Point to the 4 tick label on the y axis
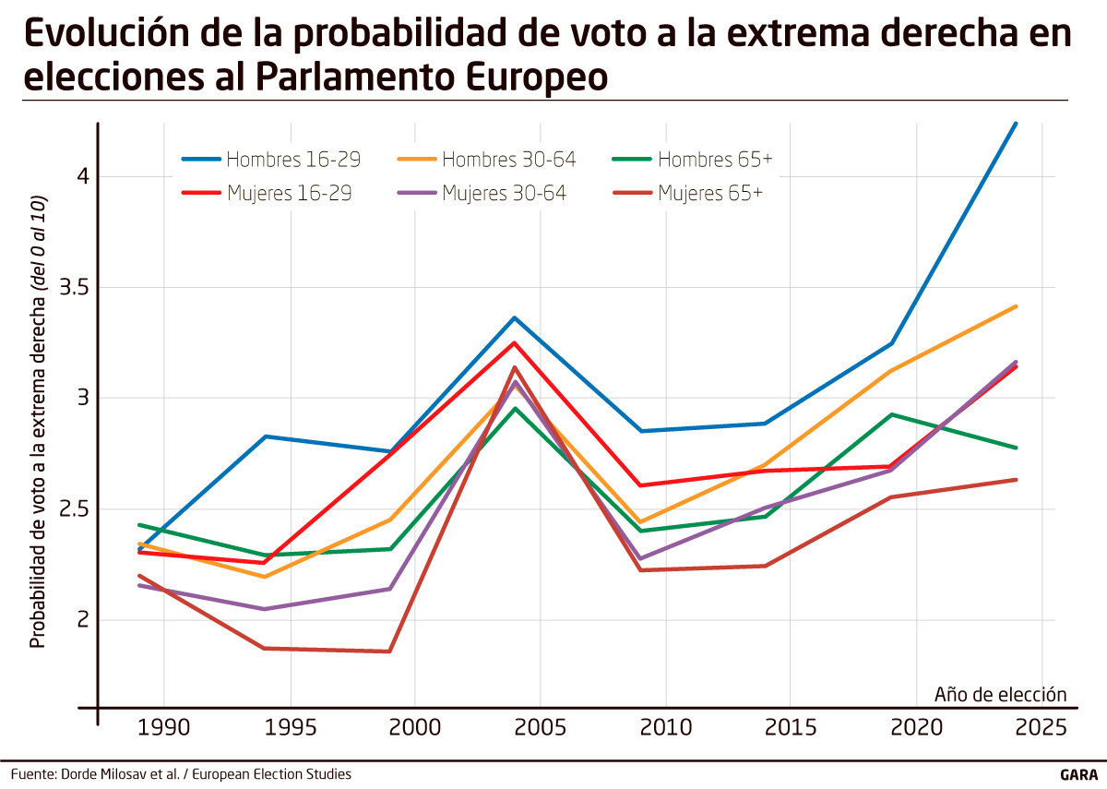[x=81, y=176]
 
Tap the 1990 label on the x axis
[x=163, y=726]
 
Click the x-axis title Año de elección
[x=1000, y=694]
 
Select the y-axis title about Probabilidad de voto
[x=38, y=421]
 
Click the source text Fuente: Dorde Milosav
[x=181, y=774]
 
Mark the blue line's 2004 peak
[x=515, y=317]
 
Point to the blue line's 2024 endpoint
[x=1016, y=123]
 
